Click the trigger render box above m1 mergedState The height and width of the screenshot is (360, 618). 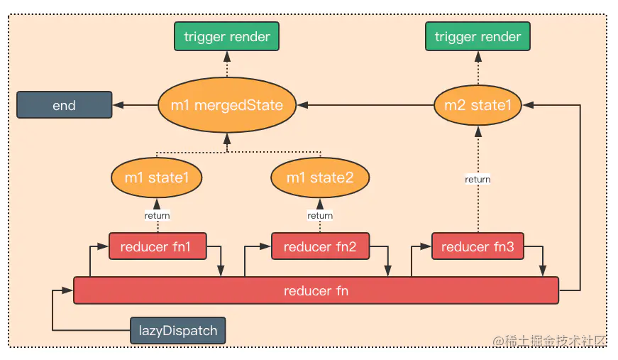pos(226,36)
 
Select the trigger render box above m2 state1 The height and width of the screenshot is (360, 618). pos(478,36)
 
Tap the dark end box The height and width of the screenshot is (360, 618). pos(65,105)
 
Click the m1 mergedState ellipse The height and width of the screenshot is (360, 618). pos(227,105)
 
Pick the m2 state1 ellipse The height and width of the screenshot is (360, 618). pos(478,105)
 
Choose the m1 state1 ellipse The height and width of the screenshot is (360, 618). pos(157,178)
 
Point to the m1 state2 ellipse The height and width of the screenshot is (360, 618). pos(320,178)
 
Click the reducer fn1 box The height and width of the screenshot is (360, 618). pos(158,246)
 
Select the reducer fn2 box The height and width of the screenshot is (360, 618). pos(320,246)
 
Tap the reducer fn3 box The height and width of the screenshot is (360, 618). pos(478,246)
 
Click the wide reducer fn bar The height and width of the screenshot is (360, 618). pos(316,290)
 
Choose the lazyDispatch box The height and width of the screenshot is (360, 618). pos(178,330)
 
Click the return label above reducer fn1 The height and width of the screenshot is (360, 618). pos(158,215)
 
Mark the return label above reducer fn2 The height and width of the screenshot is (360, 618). pos(320,215)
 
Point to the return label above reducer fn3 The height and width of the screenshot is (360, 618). pos(478,180)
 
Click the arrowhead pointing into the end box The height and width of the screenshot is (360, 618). pos(118,105)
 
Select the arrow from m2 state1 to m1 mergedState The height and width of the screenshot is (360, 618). pos(365,105)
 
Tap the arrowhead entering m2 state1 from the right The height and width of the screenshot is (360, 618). pos(528,105)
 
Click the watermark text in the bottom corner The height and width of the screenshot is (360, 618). pos(549,341)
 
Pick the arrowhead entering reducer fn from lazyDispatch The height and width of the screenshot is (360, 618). pos(68,290)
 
